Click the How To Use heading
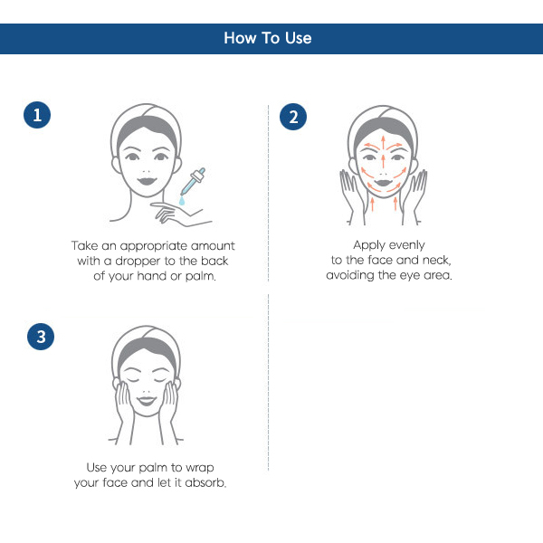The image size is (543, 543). [x=268, y=38]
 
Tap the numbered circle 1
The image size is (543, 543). [x=37, y=115]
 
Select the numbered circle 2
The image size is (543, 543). [x=293, y=117]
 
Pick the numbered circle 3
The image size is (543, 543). [x=41, y=337]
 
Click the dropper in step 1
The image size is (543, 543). [x=194, y=182]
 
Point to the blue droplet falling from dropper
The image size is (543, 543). [x=182, y=201]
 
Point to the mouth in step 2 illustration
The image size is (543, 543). [x=384, y=183]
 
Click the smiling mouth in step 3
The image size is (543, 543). [x=147, y=401]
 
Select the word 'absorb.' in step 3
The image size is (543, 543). [x=205, y=482]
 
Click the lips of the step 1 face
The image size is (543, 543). [x=147, y=181]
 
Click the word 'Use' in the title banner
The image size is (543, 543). [x=298, y=38]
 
